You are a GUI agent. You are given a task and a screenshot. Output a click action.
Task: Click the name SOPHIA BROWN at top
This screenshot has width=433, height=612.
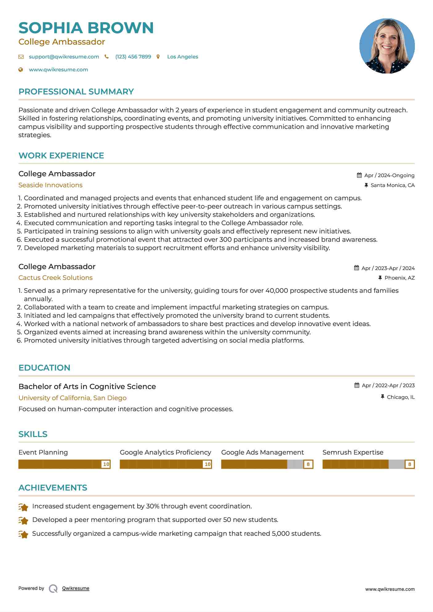coord(86,28)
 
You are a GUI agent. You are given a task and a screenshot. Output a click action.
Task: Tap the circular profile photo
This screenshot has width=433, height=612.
coord(387,46)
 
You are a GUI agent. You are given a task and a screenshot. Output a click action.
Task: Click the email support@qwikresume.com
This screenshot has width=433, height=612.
coord(64,57)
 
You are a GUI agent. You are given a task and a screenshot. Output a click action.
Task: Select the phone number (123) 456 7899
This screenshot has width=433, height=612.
coord(133,57)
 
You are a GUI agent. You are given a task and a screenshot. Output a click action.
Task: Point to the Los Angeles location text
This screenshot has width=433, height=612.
coord(182,57)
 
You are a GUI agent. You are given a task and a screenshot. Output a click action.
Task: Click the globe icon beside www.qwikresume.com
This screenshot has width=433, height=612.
coord(21,70)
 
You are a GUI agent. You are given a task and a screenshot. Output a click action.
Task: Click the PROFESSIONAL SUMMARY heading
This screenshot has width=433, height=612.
coord(76,92)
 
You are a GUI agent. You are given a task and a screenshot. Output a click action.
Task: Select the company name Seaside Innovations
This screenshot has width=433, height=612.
coord(50,185)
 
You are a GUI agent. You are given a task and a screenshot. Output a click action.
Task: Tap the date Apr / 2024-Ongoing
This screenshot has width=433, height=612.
coord(389,175)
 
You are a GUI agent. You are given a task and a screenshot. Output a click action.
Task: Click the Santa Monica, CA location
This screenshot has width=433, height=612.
coord(392,185)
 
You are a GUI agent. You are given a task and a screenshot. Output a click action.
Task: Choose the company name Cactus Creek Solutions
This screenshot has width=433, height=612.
coord(55,278)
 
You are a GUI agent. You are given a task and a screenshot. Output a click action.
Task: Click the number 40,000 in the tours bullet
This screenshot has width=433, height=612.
coord(277,291)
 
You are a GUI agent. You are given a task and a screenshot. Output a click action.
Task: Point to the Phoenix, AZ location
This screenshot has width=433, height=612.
coord(399,278)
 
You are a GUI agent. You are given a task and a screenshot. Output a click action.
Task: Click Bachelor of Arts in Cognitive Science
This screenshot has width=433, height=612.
coord(87,387)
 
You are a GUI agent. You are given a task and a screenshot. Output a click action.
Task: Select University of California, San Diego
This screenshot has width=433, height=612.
coord(72,398)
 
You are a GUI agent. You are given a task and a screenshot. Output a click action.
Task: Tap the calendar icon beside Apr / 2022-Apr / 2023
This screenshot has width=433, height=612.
coord(357,385)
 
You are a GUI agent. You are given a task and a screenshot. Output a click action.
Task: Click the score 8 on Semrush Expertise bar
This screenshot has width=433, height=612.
coord(409,464)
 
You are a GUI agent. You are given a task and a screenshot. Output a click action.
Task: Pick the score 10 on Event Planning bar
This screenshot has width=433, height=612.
coord(106,464)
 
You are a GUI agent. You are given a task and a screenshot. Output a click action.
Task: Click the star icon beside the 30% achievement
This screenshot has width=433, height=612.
coord(23,507)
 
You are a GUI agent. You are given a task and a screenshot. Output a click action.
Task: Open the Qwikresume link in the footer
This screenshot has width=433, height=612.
coord(75,588)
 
